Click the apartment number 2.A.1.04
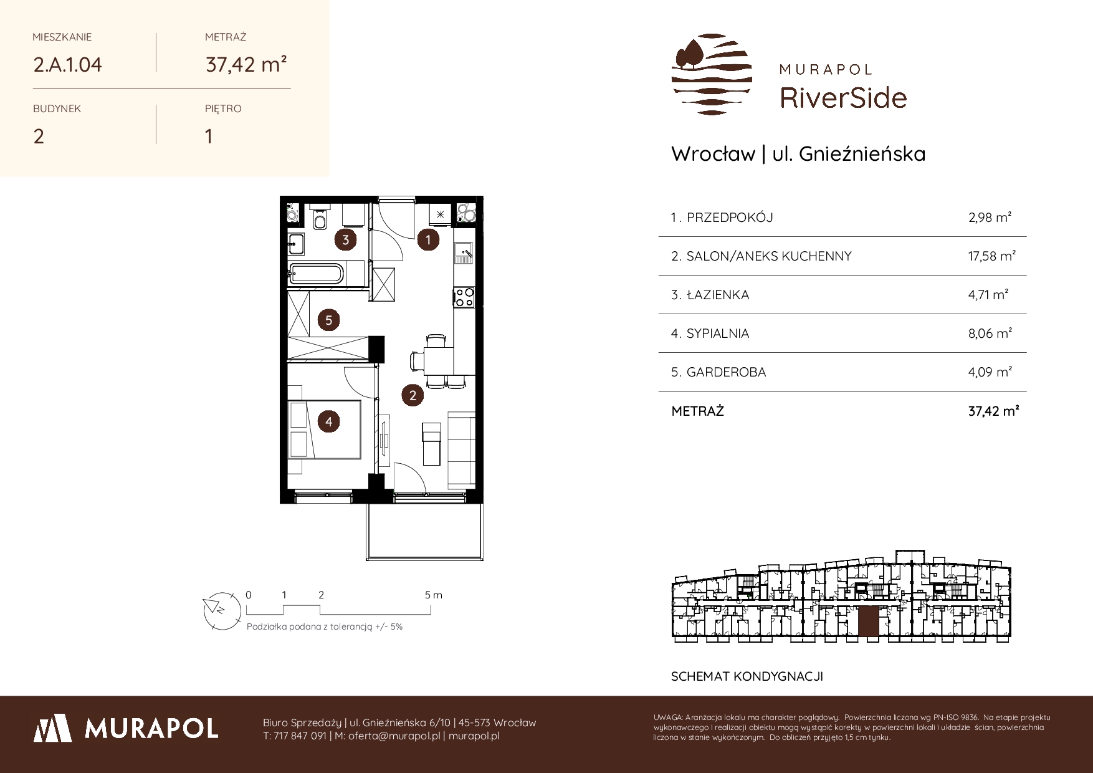click(x=68, y=65)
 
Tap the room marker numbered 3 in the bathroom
click(x=345, y=239)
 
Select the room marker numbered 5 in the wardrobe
click(x=328, y=320)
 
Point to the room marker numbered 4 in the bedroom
click(x=328, y=422)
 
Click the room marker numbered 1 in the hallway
click(x=428, y=239)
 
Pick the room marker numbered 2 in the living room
click(x=413, y=395)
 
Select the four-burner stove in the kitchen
click(x=464, y=296)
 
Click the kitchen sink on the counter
click(x=464, y=251)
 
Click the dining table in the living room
click(x=436, y=360)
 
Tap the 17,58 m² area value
click(x=993, y=256)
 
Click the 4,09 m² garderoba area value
click(x=990, y=372)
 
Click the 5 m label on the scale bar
click(x=434, y=595)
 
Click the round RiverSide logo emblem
click(x=712, y=74)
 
